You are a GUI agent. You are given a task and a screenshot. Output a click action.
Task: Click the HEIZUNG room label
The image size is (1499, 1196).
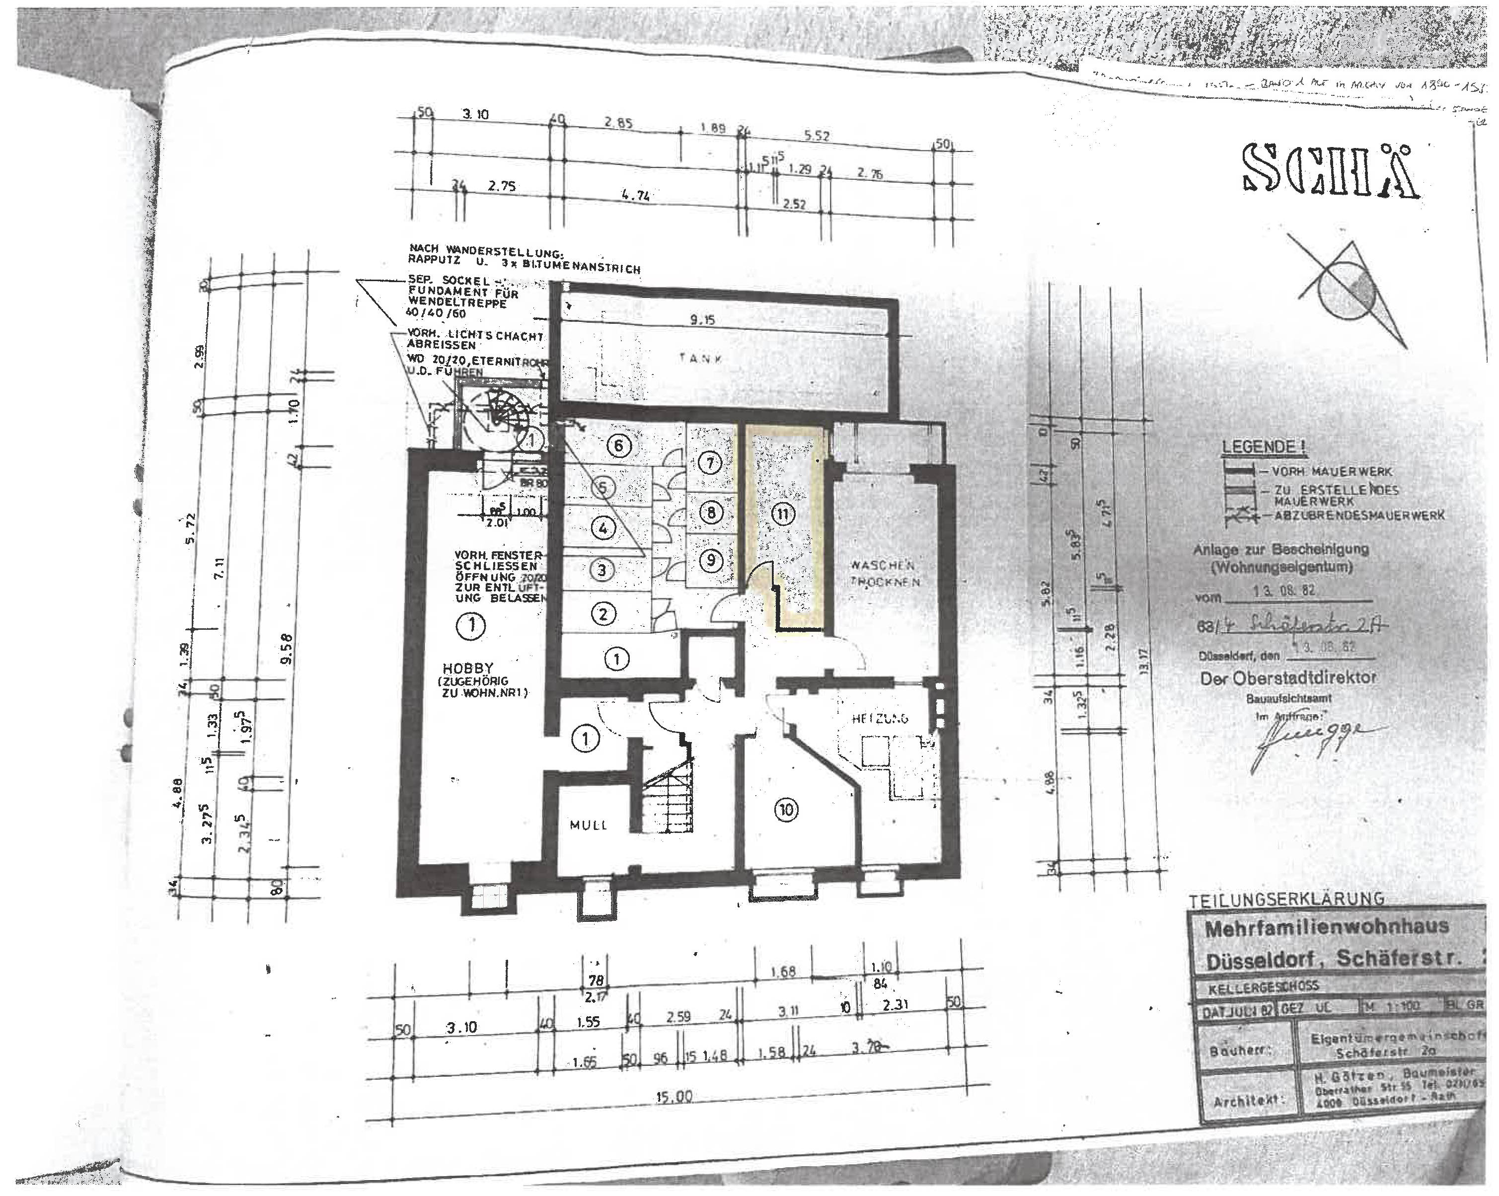tap(880, 718)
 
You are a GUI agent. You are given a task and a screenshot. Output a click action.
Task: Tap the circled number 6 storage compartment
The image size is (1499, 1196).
tap(619, 446)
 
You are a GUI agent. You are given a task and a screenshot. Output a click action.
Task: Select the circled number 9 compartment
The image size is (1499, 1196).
tap(710, 560)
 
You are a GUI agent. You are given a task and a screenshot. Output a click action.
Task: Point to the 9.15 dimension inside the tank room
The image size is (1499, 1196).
tap(702, 320)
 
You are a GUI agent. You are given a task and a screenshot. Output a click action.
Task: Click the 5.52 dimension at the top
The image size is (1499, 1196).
tap(817, 136)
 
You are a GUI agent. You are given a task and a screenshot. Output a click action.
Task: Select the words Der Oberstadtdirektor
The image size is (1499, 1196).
tap(1287, 678)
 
